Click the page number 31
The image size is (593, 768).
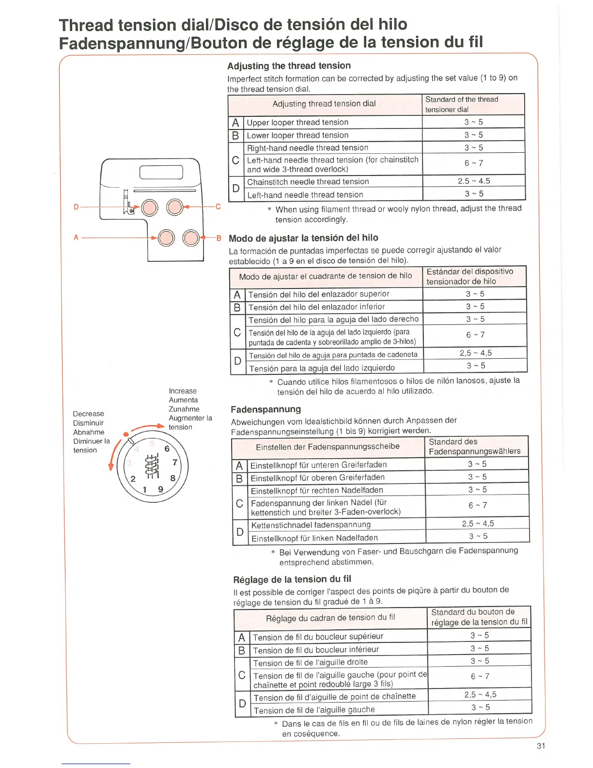tap(541, 746)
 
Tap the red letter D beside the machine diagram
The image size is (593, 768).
tap(76, 207)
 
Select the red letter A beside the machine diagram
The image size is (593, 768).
tap(76, 238)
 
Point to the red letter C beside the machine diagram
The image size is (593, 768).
tap(218, 207)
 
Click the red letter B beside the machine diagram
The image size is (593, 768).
tap(218, 238)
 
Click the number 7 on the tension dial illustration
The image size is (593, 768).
tap(175, 463)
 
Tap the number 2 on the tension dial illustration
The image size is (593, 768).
tap(133, 479)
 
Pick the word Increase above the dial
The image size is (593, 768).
tap(183, 391)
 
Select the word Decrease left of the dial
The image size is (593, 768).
tap(88, 414)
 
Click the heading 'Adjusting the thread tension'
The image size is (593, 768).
tap(289, 66)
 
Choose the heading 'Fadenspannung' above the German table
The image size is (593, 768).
tap(265, 409)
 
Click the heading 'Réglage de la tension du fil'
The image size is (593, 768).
tap(292, 579)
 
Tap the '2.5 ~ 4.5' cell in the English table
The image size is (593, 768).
tap(474, 181)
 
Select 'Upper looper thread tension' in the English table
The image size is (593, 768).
tap(297, 122)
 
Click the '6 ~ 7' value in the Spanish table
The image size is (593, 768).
tap(475, 335)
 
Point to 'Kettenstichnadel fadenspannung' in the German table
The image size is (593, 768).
tap(311, 525)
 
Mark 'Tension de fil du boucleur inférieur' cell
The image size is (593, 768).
tap(316, 650)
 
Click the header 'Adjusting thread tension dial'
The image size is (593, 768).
tap(324, 104)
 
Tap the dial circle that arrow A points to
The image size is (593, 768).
tap(166, 238)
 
